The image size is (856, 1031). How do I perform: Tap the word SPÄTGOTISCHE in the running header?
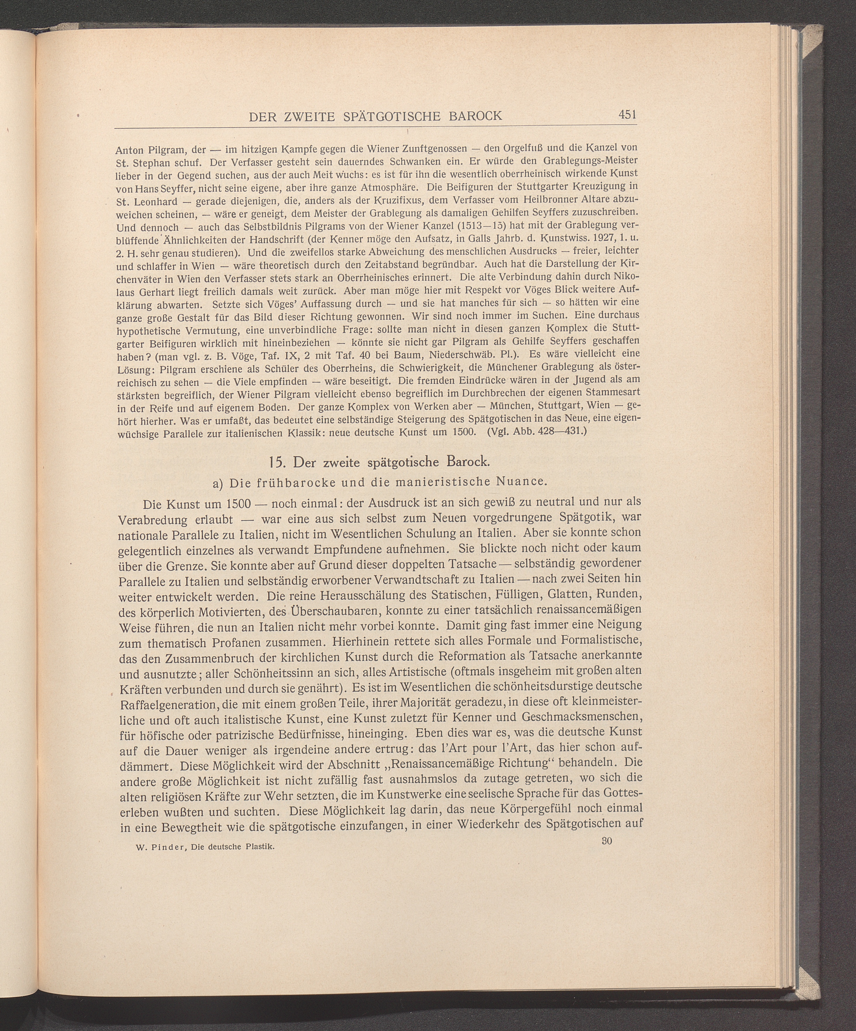pyautogui.click(x=386, y=116)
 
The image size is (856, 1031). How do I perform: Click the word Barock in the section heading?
pyautogui.click(x=467, y=462)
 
